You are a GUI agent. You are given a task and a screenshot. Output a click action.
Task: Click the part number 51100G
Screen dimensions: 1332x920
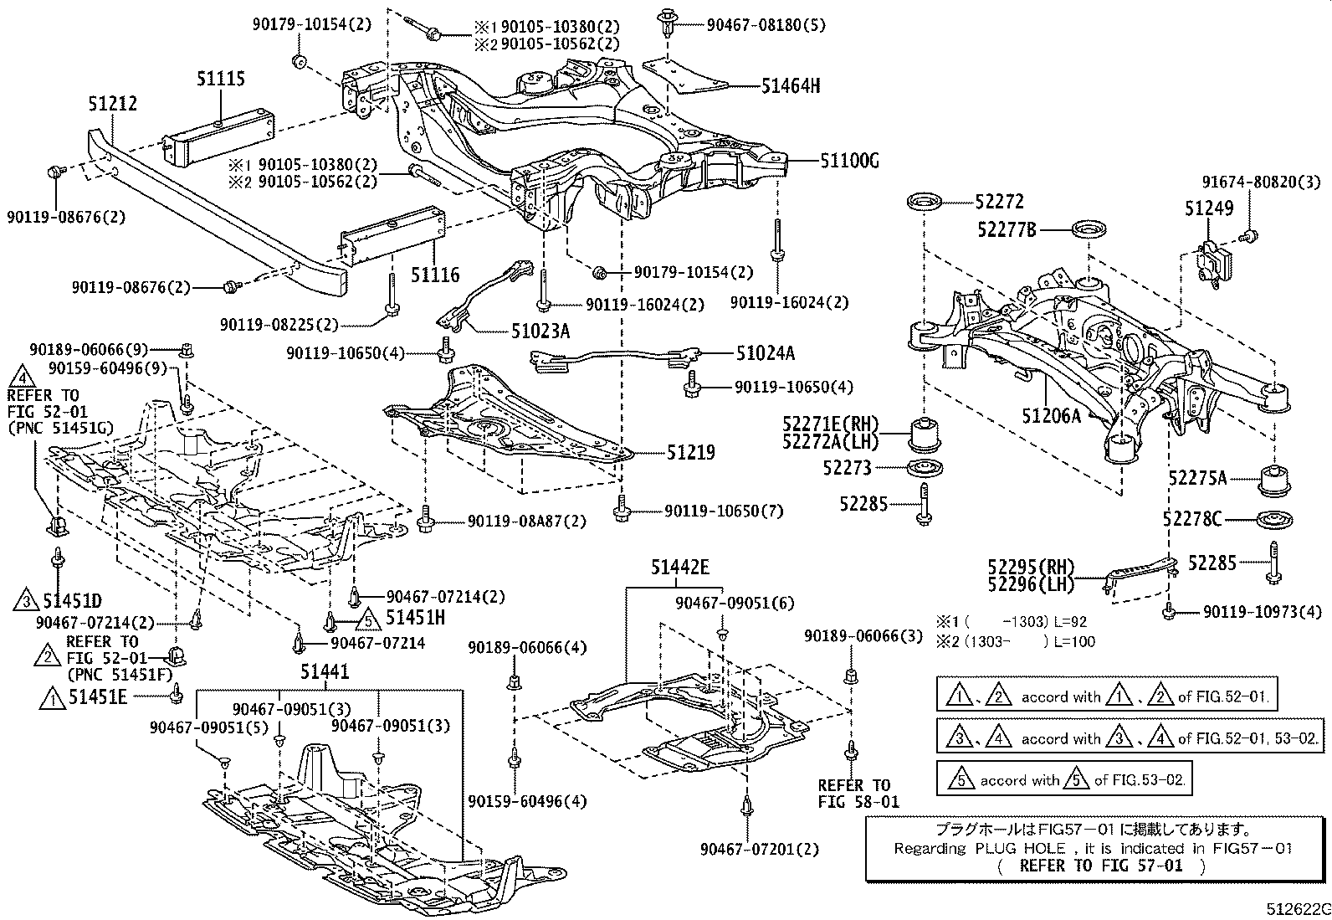[849, 161]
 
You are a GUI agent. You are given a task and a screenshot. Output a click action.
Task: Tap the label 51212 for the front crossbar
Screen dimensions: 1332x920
[112, 104]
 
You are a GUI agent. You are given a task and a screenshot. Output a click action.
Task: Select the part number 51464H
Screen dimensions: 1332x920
[791, 86]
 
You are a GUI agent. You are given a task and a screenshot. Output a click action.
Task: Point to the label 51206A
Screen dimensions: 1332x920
[1051, 415]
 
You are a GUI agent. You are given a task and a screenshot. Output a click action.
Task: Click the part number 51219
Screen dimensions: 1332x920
[690, 452]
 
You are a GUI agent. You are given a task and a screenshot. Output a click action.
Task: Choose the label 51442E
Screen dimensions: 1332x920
[679, 567]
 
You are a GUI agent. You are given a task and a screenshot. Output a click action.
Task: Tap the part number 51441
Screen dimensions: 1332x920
[324, 672]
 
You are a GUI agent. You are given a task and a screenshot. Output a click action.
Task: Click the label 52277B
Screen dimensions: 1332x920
[1007, 229]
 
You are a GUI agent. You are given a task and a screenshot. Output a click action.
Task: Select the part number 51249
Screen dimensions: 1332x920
[1209, 208]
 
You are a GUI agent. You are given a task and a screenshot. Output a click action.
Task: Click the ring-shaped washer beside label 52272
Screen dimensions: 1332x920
[925, 203]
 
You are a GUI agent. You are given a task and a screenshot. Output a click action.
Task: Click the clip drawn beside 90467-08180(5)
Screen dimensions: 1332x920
[668, 23]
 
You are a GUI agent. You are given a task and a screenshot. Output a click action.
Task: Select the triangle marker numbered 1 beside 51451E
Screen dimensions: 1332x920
[53, 697]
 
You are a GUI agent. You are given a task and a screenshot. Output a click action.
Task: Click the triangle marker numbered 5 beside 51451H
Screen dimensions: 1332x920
[369, 619]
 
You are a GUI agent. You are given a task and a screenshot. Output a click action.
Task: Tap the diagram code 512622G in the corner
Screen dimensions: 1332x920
[1298, 909]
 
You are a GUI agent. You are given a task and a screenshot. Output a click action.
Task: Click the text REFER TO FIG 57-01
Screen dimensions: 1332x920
[1101, 866]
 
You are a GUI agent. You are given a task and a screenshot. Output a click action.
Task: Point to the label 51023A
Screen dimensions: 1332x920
[540, 332]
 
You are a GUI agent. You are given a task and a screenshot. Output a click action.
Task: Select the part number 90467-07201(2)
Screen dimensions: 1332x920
[760, 849]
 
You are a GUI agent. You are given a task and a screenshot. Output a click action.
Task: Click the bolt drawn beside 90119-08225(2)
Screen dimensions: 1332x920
[392, 296]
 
